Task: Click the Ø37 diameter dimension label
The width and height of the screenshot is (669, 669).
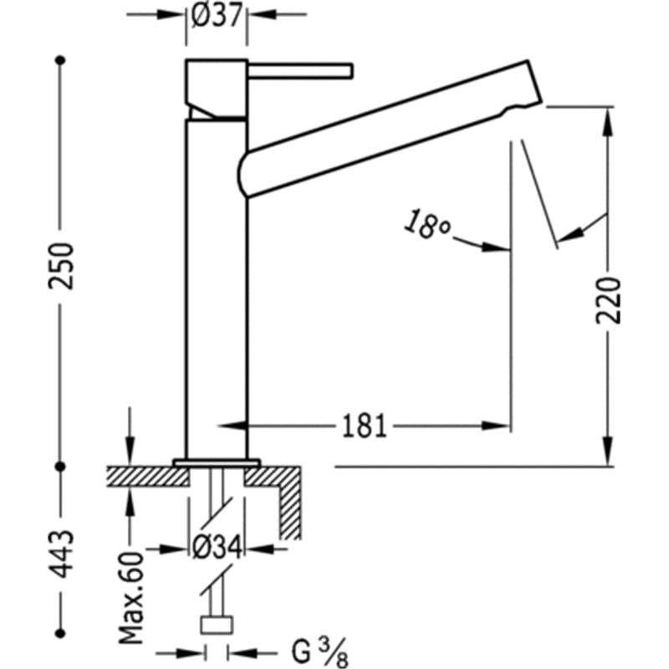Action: click(x=217, y=15)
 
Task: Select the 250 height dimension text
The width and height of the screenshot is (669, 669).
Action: click(x=61, y=266)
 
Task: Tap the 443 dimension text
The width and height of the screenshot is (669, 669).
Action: click(x=61, y=554)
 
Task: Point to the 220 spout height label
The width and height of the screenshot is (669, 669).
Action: click(x=609, y=300)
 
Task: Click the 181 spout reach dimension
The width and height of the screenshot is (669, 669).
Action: click(x=364, y=426)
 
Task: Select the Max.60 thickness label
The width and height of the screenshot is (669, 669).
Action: click(x=130, y=598)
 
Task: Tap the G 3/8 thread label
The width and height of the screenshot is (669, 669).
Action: click(x=319, y=652)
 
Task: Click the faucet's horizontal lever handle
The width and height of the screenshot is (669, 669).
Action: click(x=300, y=71)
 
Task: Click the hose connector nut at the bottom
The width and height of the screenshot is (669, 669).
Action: click(x=217, y=624)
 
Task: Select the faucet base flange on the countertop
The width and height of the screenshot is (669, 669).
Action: click(x=217, y=463)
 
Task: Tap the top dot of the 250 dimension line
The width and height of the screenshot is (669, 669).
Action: click(x=60, y=60)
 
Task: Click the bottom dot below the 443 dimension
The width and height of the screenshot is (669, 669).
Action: click(x=60, y=633)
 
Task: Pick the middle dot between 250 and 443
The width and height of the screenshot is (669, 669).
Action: click(x=60, y=467)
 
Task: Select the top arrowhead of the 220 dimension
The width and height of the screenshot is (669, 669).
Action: click(x=609, y=120)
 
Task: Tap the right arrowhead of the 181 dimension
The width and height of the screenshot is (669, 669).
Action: click(x=496, y=426)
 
